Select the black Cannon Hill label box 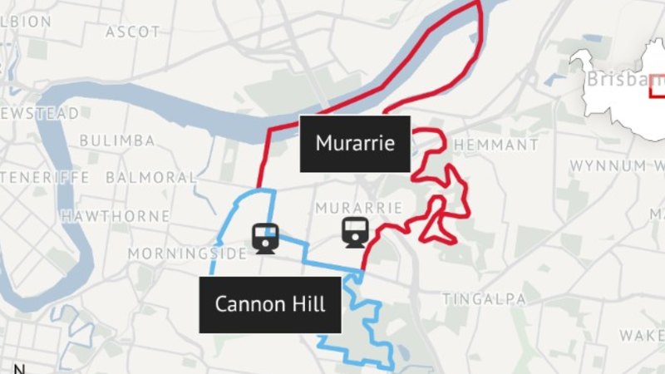point(269,304)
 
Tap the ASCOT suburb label point(133,32)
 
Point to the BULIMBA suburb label point(117,140)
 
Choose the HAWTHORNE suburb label point(116,216)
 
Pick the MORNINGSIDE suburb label point(187,253)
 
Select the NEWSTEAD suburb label point(42,112)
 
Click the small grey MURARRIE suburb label point(359,207)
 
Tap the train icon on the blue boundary point(266,239)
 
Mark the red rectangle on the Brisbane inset point(658,86)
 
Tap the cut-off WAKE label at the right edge point(642,336)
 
